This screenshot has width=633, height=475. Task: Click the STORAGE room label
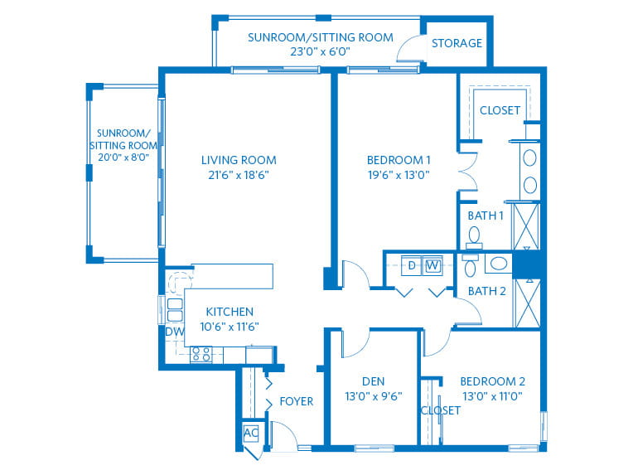pos(457,43)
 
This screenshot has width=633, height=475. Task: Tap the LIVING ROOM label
pos(239,160)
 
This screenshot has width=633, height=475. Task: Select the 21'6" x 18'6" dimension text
pos(239,175)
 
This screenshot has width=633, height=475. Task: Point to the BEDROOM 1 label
pos(399,160)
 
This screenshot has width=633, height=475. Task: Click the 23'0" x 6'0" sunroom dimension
pos(320,51)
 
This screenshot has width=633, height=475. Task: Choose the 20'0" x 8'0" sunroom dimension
pos(123,158)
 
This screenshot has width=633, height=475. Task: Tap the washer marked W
pos(432,265)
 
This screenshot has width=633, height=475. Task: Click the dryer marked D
pos(412,265)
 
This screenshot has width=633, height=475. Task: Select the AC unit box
pos(251,433)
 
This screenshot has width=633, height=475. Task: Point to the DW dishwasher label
pos(174,332)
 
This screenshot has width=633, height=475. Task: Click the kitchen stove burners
pos(201,354)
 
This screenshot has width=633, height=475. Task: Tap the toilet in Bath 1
pos(474,238)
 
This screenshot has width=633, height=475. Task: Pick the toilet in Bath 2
pos(471,265)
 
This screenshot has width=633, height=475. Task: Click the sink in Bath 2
pos(499,264)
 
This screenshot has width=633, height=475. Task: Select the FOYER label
pos(297,401)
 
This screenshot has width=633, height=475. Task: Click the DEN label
pos(374,381)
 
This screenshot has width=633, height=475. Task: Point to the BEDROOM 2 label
pos(492,381)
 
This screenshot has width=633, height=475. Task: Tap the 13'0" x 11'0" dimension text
pos(492,396)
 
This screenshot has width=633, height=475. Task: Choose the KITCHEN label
pos(230,312)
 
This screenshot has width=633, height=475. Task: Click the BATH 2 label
pos(487,291)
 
